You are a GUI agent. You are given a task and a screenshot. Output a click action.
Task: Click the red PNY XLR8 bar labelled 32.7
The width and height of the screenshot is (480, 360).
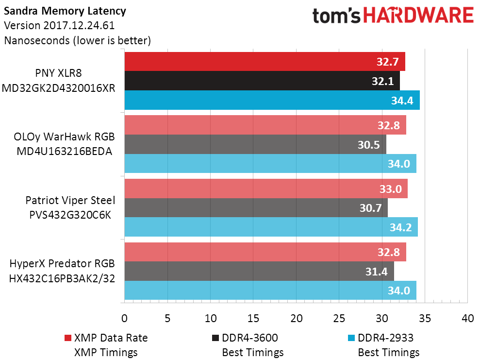265,62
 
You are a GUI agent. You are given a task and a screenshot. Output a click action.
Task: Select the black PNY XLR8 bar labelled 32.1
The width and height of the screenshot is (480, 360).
262,81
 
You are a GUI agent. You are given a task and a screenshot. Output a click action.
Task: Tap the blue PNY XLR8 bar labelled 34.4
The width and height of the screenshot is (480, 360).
272,100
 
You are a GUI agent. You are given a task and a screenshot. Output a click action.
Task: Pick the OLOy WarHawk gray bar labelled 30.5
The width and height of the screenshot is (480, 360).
255,144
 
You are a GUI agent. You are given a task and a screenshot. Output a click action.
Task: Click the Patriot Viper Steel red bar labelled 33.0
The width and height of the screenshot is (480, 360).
266,189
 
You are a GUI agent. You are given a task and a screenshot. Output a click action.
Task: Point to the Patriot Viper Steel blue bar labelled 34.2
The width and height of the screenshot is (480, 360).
271,227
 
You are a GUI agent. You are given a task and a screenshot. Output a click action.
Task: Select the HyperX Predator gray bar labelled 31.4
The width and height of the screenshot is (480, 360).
259,271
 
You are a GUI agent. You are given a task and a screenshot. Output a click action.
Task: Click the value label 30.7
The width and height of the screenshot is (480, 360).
370,208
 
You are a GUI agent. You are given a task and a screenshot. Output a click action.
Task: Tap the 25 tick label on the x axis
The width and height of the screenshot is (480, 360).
339,319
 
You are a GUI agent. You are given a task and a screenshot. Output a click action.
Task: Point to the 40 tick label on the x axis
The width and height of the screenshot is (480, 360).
467,319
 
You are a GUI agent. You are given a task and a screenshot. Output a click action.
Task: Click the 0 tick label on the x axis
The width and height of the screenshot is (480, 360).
124,319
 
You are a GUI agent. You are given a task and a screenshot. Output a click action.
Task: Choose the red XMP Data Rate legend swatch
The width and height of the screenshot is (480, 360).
67,338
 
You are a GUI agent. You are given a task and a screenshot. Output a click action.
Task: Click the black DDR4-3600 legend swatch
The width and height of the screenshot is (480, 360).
215,338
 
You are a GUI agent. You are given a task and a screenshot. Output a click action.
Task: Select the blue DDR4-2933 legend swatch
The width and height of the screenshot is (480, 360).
351,338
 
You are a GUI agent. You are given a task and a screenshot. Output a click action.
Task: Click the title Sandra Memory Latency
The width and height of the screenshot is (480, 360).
65,11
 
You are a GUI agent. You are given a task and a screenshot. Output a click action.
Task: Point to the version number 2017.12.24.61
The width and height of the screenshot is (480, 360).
79,25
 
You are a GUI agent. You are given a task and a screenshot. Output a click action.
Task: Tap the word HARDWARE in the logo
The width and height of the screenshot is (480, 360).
418,16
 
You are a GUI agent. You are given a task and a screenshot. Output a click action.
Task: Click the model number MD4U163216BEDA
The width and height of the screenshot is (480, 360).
64,152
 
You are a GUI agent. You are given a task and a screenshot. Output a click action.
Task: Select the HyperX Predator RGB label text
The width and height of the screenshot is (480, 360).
62,263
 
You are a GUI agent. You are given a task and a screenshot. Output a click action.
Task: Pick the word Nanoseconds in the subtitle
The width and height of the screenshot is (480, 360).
37,40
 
